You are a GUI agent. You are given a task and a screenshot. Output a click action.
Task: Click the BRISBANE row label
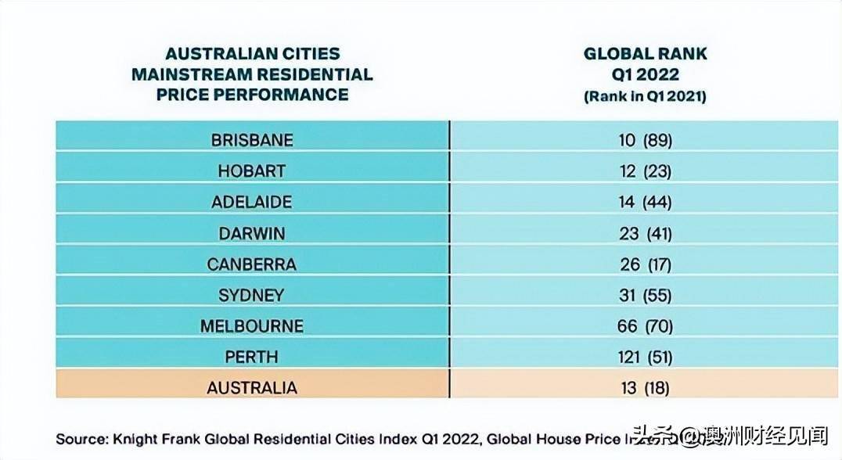coord(252,140)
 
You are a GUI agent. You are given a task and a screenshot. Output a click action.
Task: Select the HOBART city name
coord(252,171)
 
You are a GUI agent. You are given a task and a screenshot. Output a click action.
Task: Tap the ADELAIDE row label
coord(252,202)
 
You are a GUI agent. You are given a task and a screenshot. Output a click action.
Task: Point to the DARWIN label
coord(252,233)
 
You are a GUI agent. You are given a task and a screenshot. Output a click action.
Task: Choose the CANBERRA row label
coord(252,264)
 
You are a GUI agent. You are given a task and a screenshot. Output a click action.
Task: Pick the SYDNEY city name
coord(252,295)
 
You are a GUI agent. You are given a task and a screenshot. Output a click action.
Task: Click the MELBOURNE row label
coord(252,325)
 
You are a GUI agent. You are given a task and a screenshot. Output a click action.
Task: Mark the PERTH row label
coord(252,356)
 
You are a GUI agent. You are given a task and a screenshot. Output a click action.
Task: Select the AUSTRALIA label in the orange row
coord(252,387)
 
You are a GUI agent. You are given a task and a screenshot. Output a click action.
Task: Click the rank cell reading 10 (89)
coord(646,140)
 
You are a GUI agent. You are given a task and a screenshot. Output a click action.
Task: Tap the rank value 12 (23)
coord(646,171)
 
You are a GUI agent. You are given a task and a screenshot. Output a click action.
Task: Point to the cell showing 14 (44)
coord(646,202)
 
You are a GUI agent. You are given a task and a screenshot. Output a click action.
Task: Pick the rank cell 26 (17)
coord(646,264)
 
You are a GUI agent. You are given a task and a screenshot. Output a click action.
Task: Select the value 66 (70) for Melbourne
coord(646,325)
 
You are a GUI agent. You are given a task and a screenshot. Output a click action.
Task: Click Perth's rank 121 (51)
coord(646,356)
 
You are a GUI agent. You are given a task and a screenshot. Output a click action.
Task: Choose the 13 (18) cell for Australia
coord(646,387)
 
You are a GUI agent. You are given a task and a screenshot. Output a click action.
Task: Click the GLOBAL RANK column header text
coord(646,54)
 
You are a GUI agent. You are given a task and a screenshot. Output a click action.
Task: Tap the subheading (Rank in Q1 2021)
coord(646,96)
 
